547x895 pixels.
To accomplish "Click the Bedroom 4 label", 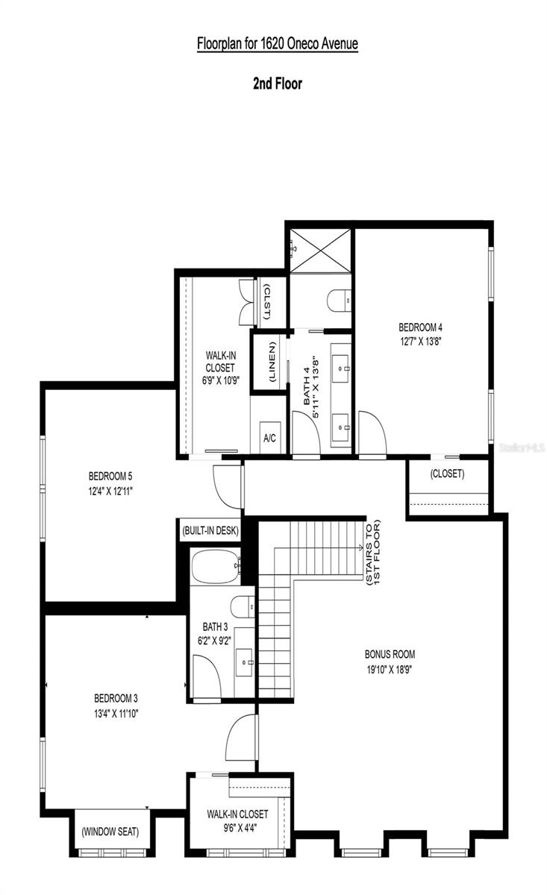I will [x=421, y=327].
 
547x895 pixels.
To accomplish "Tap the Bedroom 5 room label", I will [x=110, y=476].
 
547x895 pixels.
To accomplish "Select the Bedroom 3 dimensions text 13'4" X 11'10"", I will [x=116, y=713].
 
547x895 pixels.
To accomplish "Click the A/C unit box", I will [x=270, y=438].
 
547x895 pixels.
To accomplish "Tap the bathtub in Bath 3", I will [x=215, y=565].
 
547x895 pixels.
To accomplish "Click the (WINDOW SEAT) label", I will [x=110, y=831].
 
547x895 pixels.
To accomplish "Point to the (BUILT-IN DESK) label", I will [x=210, y=531].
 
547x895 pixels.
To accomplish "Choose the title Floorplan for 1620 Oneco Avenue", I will [x=278, y=44].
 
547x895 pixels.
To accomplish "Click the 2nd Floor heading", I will [x=277, y=84].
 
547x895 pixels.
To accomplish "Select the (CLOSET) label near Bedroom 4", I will [x=447, y=474].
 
